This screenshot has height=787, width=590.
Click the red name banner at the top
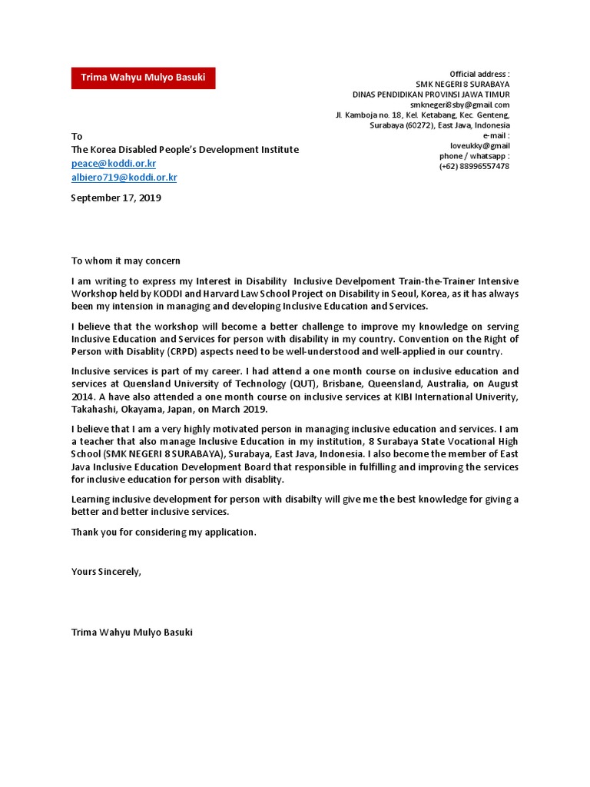[143, 78]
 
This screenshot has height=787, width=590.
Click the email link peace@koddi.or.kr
[113, 164]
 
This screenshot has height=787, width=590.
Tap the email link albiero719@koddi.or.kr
[124, 178]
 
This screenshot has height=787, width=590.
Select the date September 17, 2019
[116, 198]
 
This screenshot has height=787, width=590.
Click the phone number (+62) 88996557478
[474, 166]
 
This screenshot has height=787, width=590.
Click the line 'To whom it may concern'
[125, 261]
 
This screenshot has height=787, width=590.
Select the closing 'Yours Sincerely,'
[106, 571]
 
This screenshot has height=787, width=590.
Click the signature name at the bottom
[131, 632]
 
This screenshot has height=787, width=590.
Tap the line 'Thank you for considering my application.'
[164, 531]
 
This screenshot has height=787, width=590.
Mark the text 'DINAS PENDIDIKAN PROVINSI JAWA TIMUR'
[431, 95]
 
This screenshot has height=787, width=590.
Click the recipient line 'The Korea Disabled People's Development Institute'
[184, 150]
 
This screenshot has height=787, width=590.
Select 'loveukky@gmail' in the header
[479, 145]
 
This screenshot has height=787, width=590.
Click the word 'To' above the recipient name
[77, 136]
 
